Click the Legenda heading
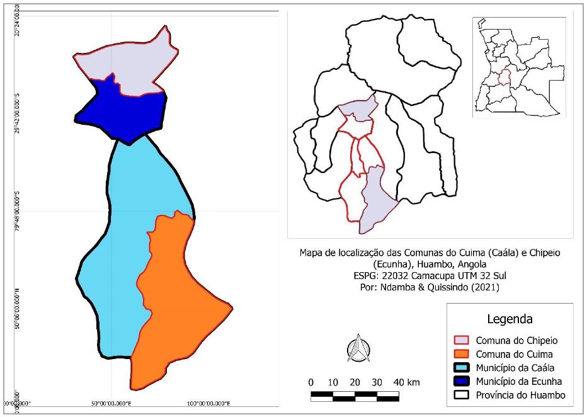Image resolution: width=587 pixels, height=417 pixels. coord(510,318)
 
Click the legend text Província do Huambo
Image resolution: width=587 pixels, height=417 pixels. coord(520,395)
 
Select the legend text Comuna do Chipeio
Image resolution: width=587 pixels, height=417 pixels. coord(516,340)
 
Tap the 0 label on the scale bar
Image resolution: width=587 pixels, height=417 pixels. coord(311,382)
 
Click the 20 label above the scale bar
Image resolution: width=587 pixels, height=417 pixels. coord(355,382)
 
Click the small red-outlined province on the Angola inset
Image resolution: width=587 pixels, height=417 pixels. coord(504,79)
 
